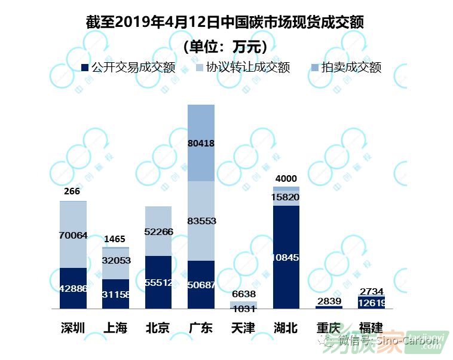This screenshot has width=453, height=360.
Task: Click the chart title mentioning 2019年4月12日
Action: (225, 22)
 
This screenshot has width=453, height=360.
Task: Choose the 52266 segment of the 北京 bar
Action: (158, 231)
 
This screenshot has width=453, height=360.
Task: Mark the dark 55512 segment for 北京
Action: (158, 282)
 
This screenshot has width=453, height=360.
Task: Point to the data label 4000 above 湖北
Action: (286, 179)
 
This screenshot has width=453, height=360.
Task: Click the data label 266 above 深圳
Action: (72, 191)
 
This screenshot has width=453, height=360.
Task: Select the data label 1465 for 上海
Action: (115, 239)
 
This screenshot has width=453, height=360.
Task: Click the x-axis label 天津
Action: (243, 328)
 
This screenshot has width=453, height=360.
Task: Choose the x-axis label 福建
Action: (371, 328)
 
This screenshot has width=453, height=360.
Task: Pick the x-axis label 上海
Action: (115, 328)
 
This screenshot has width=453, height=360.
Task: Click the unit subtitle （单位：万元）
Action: (225, 46)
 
